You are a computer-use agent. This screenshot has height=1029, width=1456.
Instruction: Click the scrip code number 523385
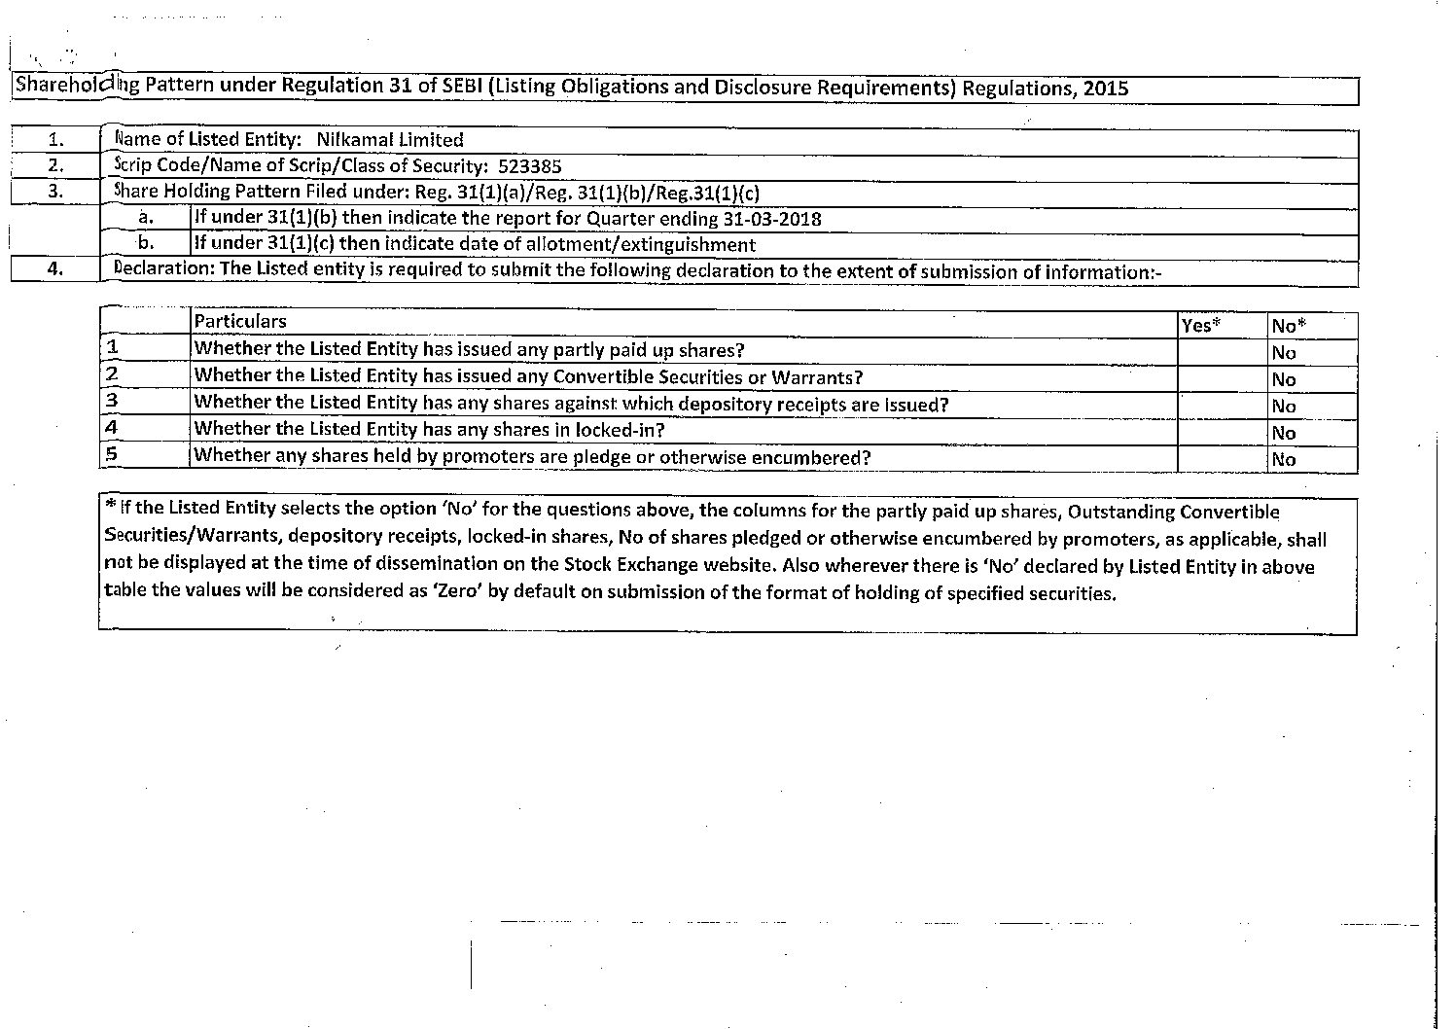pos(529,166)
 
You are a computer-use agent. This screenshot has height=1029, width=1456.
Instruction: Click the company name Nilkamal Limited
pos(390,140)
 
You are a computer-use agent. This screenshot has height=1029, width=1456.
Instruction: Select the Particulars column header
pos(240,322)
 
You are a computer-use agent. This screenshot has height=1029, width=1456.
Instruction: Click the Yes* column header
pos(1201,326)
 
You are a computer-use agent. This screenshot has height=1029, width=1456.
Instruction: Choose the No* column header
pos(1288,326)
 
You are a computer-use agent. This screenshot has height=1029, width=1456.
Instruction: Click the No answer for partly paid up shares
pos(1284,353)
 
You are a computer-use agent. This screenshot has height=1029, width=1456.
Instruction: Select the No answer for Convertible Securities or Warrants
pos(1284,379)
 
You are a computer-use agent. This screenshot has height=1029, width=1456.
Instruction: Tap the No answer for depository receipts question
pos(1284,407)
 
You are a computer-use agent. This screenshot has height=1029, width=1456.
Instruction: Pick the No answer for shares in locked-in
pos(1284,433)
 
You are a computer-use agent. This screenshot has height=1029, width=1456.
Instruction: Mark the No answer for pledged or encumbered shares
pos(1284,459)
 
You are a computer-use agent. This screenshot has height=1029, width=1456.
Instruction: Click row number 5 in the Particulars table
pos(112,453)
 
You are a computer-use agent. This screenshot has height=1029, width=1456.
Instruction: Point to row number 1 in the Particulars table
pos(112,347)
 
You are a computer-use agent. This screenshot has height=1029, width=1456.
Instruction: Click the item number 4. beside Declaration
pos(55,270)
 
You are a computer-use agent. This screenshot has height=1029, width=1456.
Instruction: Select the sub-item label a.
pos(146,218)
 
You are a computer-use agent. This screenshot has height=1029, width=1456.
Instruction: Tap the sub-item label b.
pos(146,243)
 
